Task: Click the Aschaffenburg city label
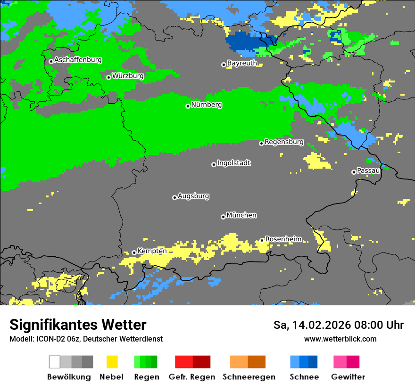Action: (78, 60)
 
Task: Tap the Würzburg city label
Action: (128, 76)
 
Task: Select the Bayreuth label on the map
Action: (242, 63)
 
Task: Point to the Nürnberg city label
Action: (206, 105)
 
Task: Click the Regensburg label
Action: (284, 142)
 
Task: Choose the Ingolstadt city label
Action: (233, 163)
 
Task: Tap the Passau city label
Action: (368, 171)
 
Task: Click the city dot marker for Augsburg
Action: (174, 197)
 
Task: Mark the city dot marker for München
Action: (223, 217)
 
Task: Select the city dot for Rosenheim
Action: (262, 240)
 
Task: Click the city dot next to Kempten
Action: (134, 253)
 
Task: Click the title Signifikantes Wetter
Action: (78, 325)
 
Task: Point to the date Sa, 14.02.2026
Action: (311, 325)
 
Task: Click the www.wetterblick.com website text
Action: (340, 339)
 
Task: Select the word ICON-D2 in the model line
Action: (49, 339)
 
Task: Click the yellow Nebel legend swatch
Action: (112, 362)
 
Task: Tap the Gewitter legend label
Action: (348, 377)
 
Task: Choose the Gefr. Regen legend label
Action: (192, 377)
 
